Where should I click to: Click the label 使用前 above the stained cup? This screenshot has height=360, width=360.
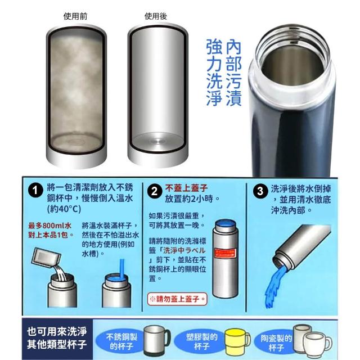[75, 16]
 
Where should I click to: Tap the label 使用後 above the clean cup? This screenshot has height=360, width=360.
[156, 16]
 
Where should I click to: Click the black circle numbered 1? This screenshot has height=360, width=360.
[35, 191]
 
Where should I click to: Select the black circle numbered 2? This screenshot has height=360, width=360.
[155, 191]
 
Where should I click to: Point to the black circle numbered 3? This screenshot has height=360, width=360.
[260, 191]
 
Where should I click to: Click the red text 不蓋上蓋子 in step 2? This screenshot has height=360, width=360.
[186, 188]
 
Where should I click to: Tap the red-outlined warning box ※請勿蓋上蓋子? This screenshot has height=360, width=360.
[177, 299]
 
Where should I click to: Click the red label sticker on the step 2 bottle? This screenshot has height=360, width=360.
[225, 253]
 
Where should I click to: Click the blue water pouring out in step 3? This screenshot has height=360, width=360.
[275, 286]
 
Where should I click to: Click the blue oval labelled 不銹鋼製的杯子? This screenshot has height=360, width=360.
[121, 341]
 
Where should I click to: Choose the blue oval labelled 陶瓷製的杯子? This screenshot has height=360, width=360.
[276, 342]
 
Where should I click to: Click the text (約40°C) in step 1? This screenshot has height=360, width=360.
[64, 209]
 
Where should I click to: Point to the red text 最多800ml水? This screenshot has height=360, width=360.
[50, 226]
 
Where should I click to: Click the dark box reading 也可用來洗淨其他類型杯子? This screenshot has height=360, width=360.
[57, 338]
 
